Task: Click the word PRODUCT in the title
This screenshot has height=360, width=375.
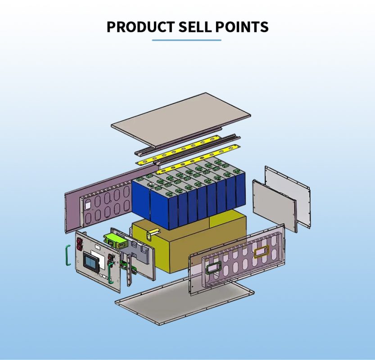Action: click(140, 27)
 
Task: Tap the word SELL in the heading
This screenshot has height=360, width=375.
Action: click(195, 27)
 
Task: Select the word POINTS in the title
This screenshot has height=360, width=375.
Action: click(242, 27)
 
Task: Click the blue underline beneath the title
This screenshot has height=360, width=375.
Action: click(186, 40)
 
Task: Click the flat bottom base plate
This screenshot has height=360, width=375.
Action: click(184, 304)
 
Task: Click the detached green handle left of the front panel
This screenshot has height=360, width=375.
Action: click(68, 255)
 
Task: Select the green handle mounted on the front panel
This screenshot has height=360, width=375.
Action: click(111, 272)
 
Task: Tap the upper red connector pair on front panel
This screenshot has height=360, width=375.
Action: click(79, 243)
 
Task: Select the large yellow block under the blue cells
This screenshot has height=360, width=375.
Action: click(189, 244)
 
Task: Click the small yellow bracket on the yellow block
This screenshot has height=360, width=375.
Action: click(152, 234)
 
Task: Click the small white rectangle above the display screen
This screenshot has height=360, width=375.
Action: click(98, 246)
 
